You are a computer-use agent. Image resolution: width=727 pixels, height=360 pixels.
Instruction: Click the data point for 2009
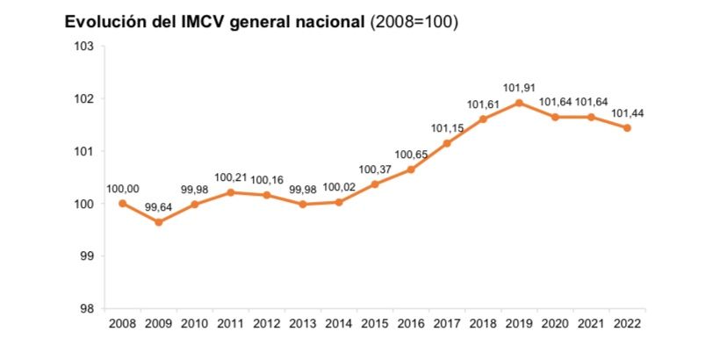[x=159, y=222]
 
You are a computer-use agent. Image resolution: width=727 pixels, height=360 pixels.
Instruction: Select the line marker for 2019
[x=519, y=103]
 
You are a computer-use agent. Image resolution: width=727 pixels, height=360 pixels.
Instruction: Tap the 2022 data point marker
[x=627, y=127]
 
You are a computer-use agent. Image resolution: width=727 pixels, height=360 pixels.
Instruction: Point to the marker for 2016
[x=411, y=169]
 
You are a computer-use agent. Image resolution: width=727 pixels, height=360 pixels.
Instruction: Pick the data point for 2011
[x=231, y=192]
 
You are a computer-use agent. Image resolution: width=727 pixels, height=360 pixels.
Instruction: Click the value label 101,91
[x=519, y=88]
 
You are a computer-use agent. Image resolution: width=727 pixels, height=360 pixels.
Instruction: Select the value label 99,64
[x=159, y=208]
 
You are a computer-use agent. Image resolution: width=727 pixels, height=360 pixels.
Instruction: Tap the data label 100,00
[x=122, y=188]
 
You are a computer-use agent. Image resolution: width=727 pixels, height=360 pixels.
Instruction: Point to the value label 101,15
[x=447, y=128]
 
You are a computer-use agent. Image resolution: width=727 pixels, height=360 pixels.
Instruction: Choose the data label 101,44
[x=627, y=112]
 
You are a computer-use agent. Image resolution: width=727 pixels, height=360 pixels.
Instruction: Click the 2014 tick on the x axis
[x=339, y=323]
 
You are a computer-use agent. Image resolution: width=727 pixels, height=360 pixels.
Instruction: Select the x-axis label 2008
[x=122, y=323]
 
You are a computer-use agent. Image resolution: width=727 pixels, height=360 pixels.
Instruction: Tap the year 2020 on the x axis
[x=555, y=323]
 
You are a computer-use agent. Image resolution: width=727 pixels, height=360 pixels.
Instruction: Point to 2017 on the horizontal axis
[x=447, y=323]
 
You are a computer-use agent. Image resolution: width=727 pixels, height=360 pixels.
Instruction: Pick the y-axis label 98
[x=86, y=308]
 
